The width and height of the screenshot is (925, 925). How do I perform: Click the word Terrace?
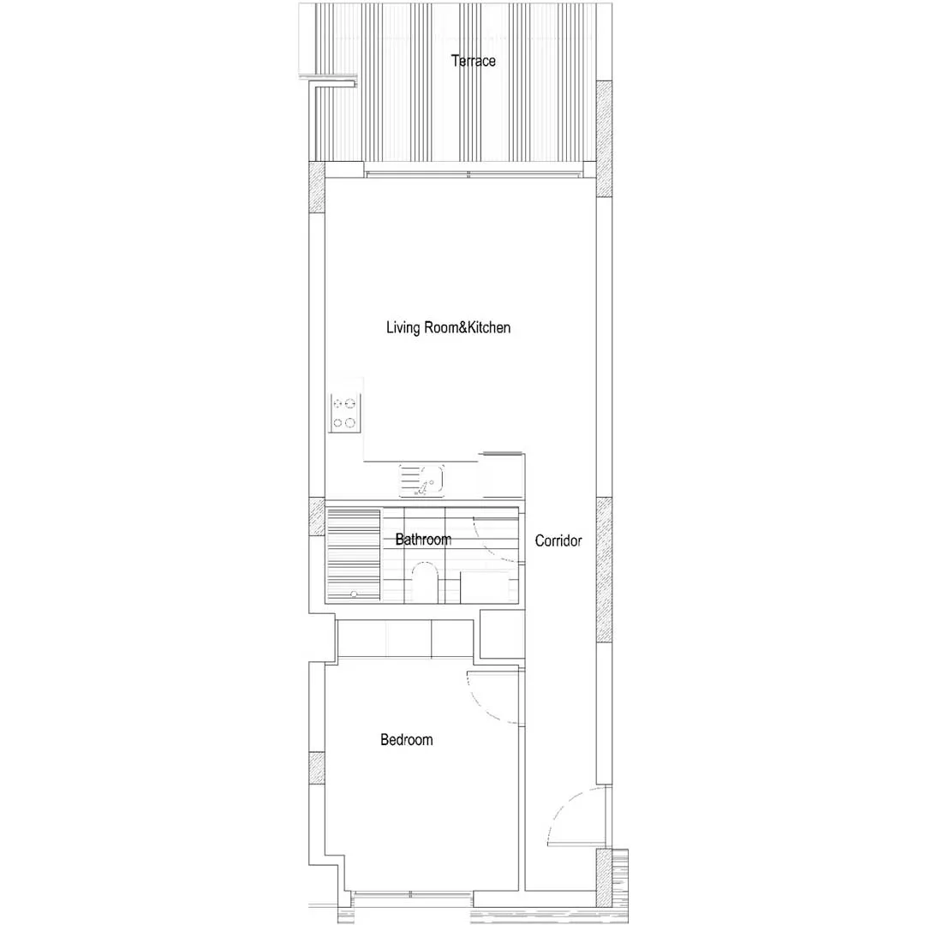473,61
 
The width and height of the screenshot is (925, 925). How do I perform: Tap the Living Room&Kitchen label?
448,327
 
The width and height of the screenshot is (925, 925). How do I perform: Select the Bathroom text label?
423,540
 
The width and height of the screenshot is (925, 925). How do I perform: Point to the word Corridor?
558,540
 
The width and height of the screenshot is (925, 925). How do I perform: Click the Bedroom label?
407,740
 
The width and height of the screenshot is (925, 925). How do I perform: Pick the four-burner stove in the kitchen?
345,413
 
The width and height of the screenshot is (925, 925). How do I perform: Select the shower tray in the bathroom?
354,554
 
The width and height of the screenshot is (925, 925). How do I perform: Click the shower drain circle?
354,594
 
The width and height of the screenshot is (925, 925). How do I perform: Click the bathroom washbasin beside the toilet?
484,587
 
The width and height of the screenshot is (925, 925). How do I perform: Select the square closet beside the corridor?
502,634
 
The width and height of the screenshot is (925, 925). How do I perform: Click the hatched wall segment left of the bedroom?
317,768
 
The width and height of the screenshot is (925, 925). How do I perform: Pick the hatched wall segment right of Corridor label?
604,570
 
